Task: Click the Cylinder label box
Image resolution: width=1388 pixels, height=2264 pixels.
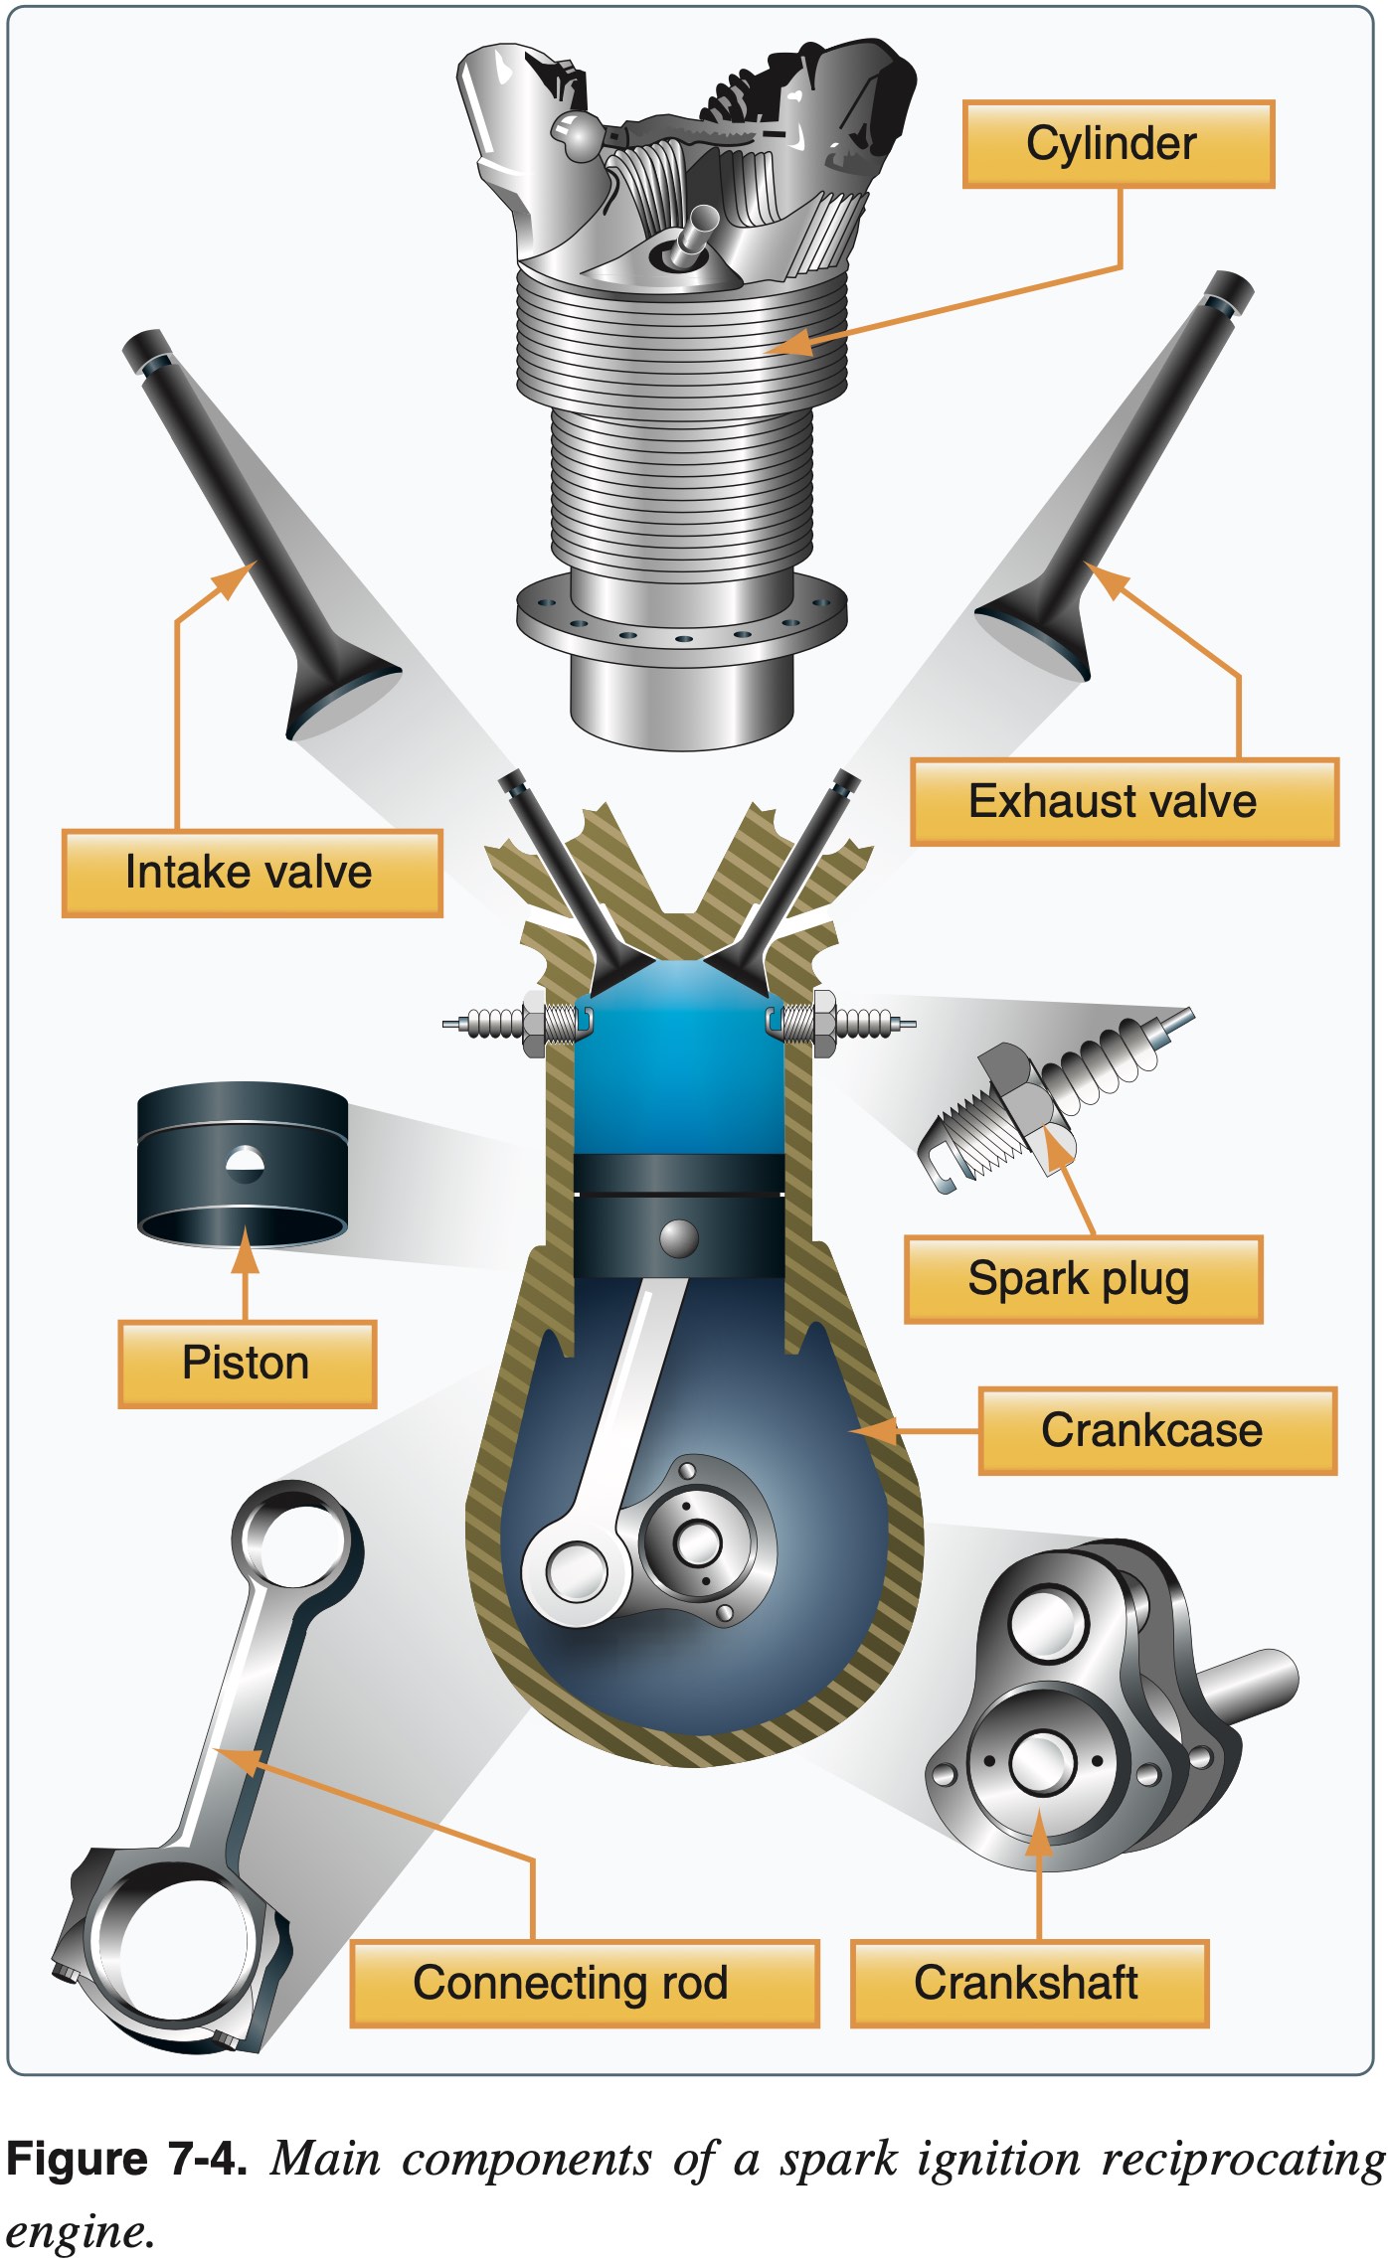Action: (1118, 144)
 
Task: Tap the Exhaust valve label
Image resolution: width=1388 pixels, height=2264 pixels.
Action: (1124, 802)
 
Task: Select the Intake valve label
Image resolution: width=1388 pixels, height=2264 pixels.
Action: (252, 873)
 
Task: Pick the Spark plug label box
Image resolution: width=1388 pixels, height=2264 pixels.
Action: (1083, 1279)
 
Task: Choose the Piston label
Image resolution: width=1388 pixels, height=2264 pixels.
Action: (247, 1364)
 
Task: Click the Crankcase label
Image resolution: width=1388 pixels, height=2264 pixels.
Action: (1157, 1430)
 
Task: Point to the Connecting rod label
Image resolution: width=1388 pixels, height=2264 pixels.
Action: (584, 1983)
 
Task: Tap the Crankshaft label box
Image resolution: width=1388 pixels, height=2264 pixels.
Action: (1029, 1983)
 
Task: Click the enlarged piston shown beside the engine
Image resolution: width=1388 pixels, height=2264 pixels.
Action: (243, 1163)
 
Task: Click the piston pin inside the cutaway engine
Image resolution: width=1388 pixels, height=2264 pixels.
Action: (679, 1237)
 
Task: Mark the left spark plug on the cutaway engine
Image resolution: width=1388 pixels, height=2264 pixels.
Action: (517, 1023)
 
